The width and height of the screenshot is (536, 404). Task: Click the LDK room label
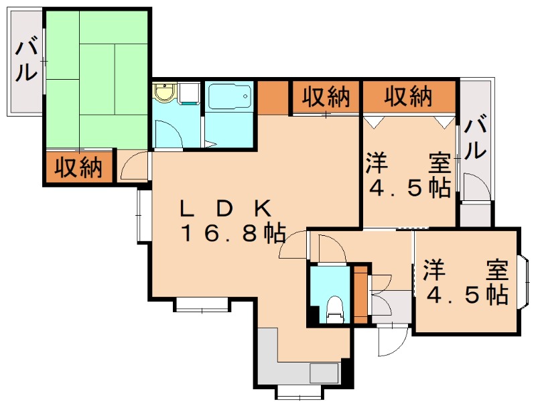point(224,208)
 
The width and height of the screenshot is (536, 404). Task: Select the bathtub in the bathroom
point(230,99)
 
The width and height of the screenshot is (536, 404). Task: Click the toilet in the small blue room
point(333,309)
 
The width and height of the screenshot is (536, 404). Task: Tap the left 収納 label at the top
point(326,98)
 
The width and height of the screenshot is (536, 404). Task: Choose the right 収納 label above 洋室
point(409,98)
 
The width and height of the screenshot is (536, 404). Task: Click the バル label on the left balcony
point(26,60)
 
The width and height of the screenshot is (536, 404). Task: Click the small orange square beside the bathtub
point(272,97)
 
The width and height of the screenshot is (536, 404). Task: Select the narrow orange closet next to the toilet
point(360,295)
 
